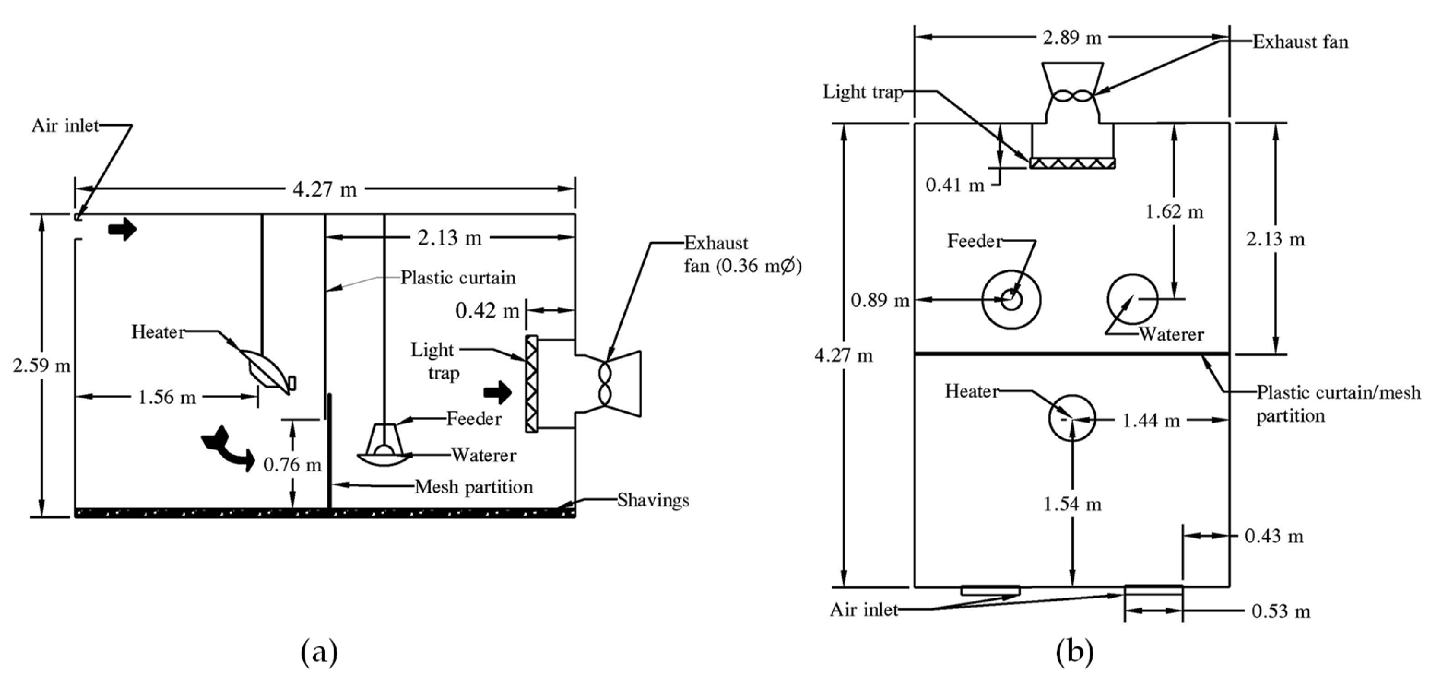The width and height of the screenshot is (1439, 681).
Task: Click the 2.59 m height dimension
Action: [41, 366]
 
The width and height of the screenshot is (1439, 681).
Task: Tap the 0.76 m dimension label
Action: [292, 464]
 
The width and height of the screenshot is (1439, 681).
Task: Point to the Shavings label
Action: [652, 500]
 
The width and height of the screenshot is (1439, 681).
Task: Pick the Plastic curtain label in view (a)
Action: [458, 278]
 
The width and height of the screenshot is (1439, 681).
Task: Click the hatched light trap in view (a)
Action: [531, 383]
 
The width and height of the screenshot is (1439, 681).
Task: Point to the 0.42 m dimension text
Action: [486, 311]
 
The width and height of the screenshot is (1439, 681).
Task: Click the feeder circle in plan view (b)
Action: [1011, 300]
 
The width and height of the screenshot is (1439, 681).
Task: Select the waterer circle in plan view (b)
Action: [1132, 299]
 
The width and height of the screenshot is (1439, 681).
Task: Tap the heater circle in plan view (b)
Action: [1071, 418]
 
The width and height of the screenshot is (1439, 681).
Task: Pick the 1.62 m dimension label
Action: [1174, 212]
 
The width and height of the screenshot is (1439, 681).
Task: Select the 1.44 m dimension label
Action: [1151, 420]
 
